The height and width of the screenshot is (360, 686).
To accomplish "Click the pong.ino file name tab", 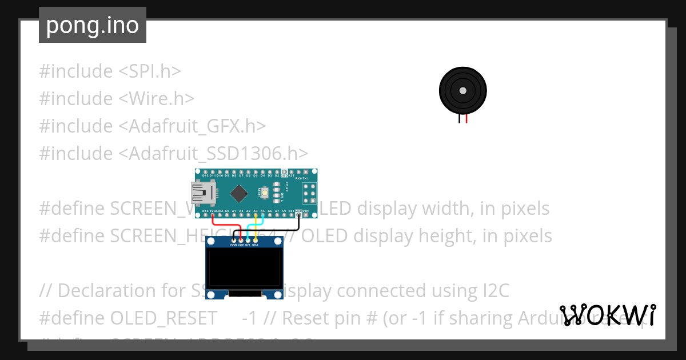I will click(x=92, y=25).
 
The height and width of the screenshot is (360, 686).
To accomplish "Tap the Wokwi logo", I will click(x=608, y=315).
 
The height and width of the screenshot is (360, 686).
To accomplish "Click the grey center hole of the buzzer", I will click(x=462, y=90).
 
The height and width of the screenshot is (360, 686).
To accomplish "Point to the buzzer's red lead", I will click(x=466, y=118).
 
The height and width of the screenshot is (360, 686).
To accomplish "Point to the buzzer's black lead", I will click(x=458, y=118).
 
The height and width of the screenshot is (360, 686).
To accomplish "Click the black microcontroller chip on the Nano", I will click(x=239, y=194).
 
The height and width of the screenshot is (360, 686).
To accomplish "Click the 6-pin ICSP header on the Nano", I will click(x=309, y=193).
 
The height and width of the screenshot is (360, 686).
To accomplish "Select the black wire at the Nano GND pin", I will click(x=298, y=219).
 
